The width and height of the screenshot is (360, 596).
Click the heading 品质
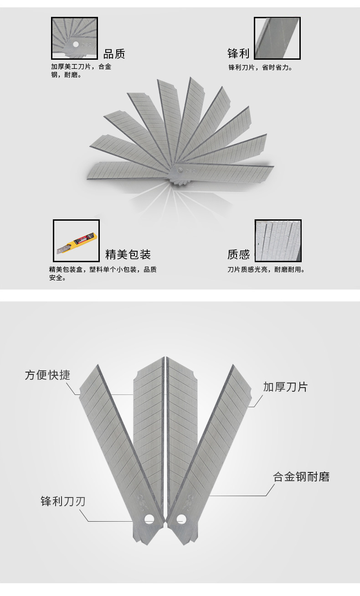[114, 54]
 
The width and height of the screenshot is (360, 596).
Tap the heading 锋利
[238, 53]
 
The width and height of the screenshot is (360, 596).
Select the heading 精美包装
[128, 254]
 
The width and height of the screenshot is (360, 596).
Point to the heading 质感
[238, 254]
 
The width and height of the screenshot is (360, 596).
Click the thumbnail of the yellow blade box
[76, 240]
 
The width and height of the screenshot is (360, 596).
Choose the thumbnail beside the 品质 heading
[74, 38]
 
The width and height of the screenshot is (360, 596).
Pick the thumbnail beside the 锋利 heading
[278, 38]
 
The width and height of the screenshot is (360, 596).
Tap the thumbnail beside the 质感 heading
[278, 240]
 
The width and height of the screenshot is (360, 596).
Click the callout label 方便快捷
[47, 375]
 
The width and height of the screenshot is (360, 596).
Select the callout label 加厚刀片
[285, 387]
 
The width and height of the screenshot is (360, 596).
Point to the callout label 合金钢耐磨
[301, 477]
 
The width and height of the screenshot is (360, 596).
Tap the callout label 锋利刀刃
[63, 501]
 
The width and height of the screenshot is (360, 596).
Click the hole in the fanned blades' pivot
[180, 170]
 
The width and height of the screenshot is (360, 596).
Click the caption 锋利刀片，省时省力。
[261, 67]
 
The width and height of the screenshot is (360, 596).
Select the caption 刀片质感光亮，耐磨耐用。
[266, 269]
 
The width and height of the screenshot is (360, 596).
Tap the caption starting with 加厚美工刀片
[81, 71]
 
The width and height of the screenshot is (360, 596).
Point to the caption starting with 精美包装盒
[103, 274]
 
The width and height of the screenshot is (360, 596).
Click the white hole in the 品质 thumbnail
[76, 44]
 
